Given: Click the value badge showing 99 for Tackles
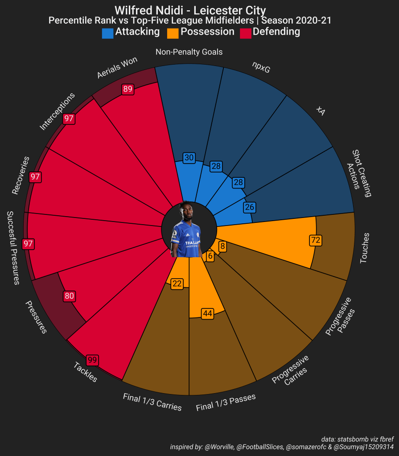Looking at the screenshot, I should (92, 360).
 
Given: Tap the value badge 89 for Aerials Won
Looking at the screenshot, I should (128, 89).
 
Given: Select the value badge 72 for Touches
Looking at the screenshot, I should (316, 240).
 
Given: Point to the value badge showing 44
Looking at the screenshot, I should (207, 314).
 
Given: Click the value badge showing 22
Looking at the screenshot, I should (177, 283).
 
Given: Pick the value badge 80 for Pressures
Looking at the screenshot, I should (69, 296).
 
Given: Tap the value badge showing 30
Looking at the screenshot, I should (189, 158).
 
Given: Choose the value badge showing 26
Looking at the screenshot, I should (250, 207).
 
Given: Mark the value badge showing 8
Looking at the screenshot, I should (222, 245).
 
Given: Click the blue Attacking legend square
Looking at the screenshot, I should (107, 33).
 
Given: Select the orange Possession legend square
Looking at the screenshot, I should (173, 33).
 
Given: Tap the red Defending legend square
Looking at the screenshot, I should (246, 33).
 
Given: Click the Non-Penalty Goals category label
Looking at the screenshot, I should (189, 52).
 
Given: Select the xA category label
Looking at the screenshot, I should (320, 111).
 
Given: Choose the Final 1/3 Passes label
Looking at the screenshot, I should (226, 403).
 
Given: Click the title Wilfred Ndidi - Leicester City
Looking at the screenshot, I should (190, 10).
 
